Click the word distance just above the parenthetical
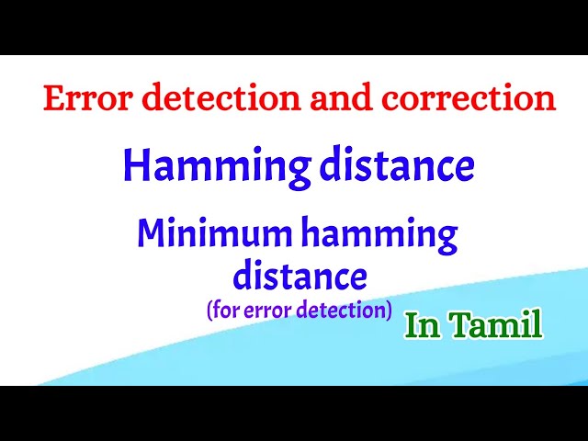tap(300, 274)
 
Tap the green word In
tap(420, 326)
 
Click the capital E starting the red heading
tap(52, 99)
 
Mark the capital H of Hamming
tap(135, 166)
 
